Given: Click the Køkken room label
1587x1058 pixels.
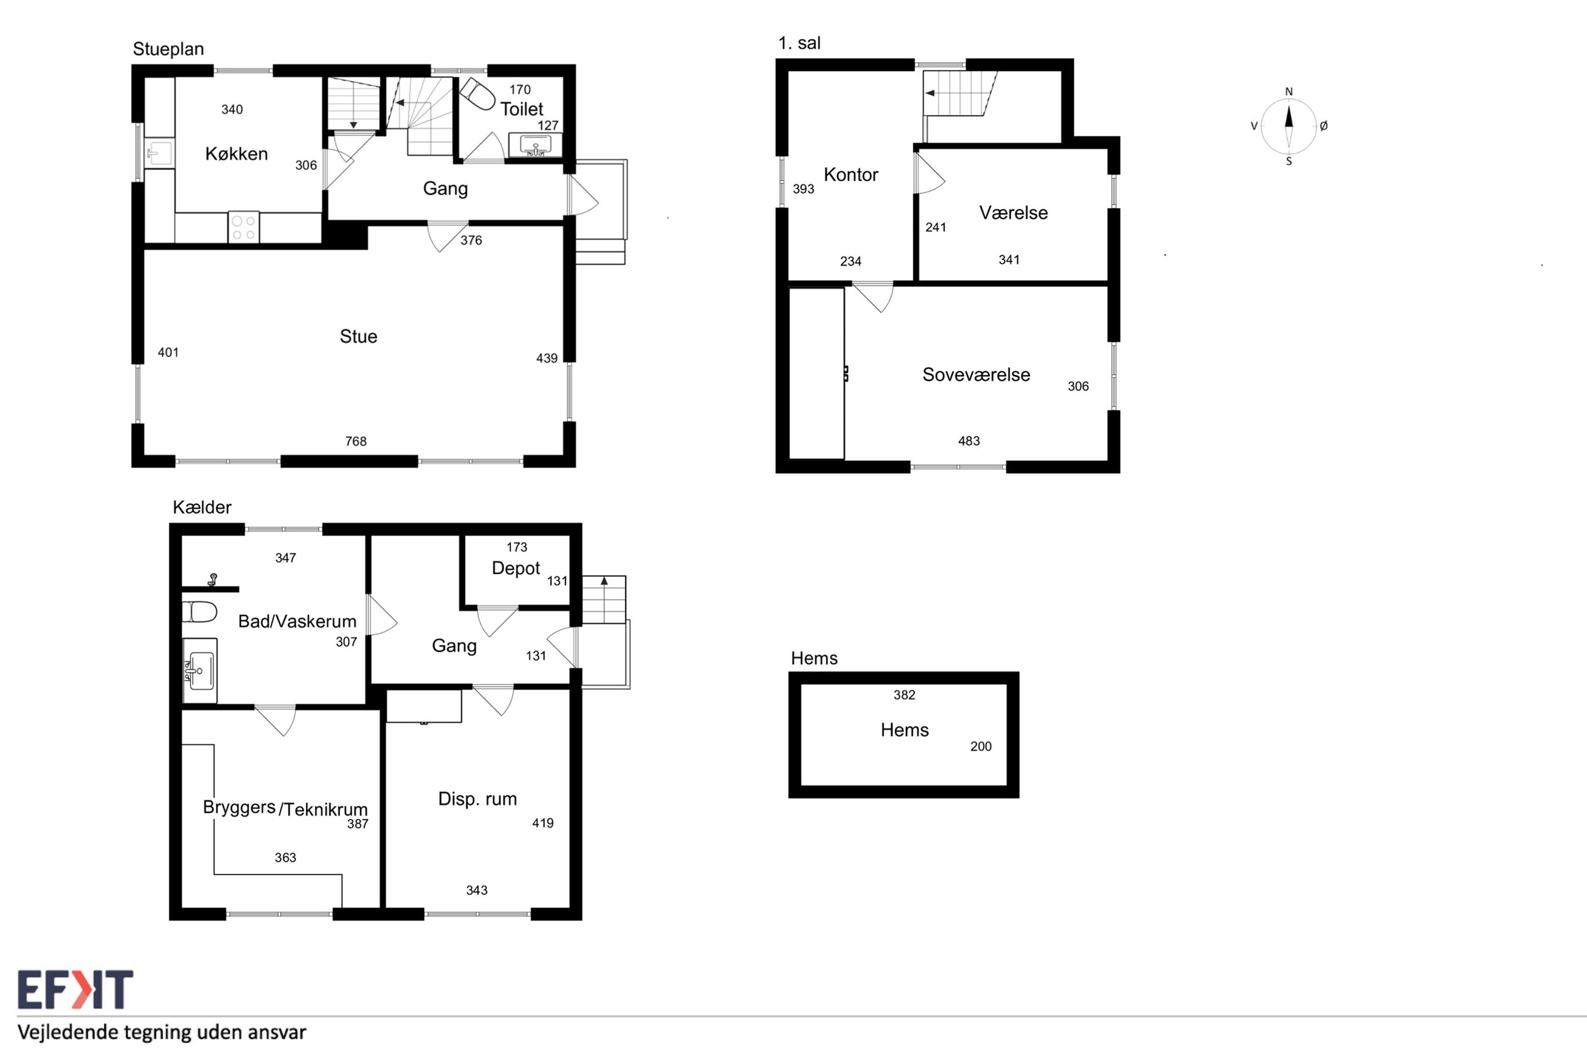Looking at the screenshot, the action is (236, 154).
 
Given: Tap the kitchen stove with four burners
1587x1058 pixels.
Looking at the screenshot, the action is (244, 227).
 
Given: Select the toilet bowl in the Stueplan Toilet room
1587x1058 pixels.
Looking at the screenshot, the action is (478, 94).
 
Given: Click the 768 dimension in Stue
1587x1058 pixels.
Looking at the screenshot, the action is (356, 441).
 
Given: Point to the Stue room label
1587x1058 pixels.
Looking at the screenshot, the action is (358, 336).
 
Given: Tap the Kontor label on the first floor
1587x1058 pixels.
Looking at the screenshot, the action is (851, 175).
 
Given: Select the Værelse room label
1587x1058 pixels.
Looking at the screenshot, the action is (1014, 212).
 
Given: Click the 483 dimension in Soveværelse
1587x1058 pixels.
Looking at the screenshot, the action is (969, 441).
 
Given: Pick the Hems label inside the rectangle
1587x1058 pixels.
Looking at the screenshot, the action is (905, 730).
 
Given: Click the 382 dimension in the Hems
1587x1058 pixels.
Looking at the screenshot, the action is (905, 695).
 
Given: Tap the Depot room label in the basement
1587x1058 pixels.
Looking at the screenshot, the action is (516, 569).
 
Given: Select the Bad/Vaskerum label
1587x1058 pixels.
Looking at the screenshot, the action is (297, 621).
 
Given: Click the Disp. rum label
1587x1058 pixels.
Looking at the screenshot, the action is (477, 799).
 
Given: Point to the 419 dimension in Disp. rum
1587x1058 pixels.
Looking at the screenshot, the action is (543, 823).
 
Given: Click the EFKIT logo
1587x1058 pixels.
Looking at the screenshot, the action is (76, 990).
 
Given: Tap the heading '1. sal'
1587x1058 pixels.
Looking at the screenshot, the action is (800, 43).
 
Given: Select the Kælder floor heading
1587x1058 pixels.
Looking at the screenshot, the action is (202, 507).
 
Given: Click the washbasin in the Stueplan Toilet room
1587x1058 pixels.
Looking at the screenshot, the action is (535, 145).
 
